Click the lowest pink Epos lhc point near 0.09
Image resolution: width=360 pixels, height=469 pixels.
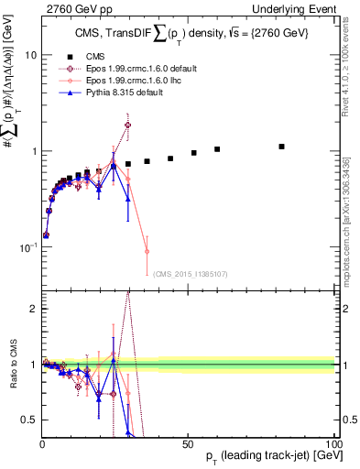[147, 251]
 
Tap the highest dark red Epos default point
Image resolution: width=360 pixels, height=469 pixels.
[127, 125]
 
